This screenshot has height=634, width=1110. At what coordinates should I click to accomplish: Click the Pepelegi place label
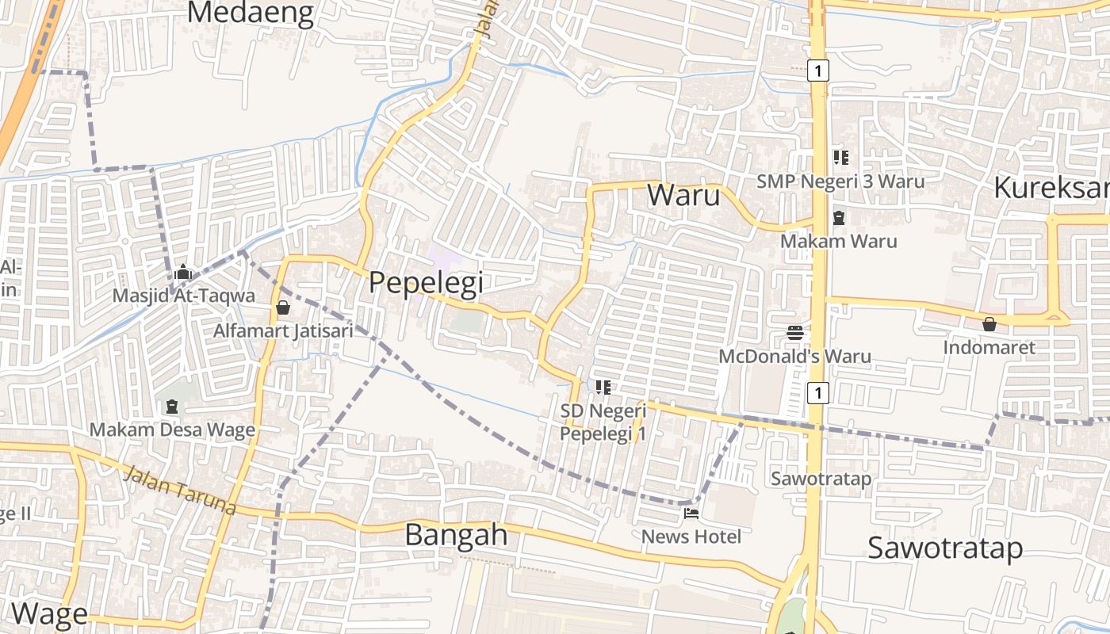[x=426, y=282]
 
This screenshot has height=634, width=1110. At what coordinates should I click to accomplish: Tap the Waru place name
[x=683, y=195]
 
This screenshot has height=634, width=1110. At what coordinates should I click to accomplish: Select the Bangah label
[x=456, y=534]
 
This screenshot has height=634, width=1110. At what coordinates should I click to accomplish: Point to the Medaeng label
[x=251, y=13]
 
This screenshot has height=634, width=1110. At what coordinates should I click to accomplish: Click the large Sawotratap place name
[x=944, y=548]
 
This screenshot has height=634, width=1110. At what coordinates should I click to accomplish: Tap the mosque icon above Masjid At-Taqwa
[x=183, y=273]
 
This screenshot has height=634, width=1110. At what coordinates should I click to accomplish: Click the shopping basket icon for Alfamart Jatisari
[x=283, y=307]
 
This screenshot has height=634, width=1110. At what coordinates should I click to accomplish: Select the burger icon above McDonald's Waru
[x=795, y=333]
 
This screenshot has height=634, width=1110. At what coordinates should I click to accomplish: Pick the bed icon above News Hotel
[x=691, y=514]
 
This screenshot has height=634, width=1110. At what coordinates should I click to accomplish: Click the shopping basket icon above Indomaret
[x=989, y=324]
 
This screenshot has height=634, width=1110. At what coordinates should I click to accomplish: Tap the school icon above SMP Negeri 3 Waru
[x=840, y=158]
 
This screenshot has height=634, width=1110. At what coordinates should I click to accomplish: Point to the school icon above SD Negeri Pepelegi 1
[x=603, y=388]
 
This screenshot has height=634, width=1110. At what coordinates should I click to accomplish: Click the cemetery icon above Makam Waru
[x=839, y=217]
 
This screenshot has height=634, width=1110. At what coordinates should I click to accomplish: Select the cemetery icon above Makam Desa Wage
[x=172, y=407]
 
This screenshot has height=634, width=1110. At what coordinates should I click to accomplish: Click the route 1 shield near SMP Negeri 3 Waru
[x=819, y=71]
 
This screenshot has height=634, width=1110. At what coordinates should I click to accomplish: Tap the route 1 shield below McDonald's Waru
[x=818, y=392]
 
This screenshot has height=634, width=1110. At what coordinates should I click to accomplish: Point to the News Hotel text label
[x=691, y=537]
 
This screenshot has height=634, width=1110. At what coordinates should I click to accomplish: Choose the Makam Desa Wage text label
[x=172, y=430]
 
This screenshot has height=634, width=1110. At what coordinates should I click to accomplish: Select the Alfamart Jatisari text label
[x=283, y=330]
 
